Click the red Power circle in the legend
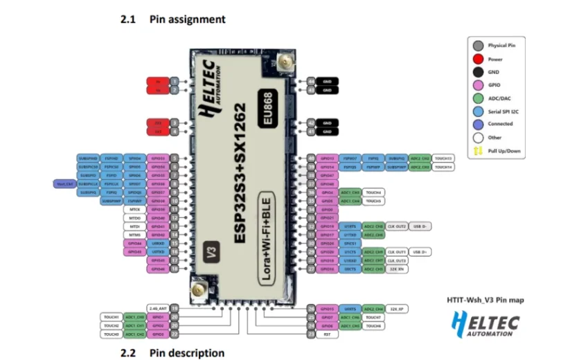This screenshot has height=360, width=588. click(479, 59)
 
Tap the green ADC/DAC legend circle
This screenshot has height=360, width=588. click(479, 98)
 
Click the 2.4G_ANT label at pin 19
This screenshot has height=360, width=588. click(158, 307)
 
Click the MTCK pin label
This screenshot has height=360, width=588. click(135, 209)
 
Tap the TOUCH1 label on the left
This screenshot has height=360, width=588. click(112, 316)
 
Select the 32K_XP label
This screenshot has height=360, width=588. click(397, 308)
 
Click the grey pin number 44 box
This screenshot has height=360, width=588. click(312, 81)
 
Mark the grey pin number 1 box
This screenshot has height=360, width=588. click(175, 81)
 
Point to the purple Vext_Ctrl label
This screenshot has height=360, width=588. click(65, 183)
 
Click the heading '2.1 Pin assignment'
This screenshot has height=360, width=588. click(173, 19)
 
